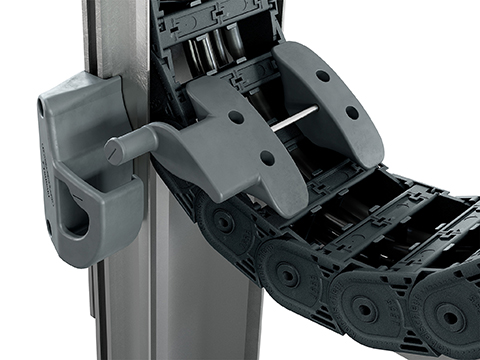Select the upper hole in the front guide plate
pyautogui.click(x=236, y=117)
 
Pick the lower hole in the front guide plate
pyautogui.click(x=267, y=157)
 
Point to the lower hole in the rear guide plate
pyautogui.click(x=351, y=112)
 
